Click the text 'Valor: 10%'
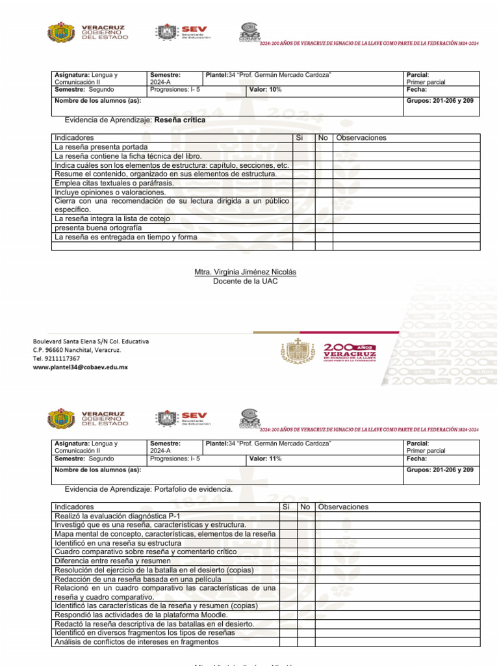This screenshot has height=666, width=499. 266,90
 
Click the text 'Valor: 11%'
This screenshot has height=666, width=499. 266,459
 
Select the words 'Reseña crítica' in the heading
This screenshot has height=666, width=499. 180,120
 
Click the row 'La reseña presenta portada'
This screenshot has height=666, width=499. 105,148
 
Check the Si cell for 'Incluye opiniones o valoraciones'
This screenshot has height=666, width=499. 303,193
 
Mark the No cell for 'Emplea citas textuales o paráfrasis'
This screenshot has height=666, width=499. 324,183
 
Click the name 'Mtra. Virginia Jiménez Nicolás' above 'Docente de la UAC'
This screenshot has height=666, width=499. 240,272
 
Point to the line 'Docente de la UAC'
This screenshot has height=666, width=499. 240,281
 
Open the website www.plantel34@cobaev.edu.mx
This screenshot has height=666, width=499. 81,367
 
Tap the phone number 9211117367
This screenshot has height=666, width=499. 57,358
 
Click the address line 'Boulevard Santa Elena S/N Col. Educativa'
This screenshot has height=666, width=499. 91,341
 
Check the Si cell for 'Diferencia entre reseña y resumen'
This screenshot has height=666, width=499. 287,561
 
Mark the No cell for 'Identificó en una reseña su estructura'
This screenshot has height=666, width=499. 306,542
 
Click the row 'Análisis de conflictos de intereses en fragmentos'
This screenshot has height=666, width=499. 136,642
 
